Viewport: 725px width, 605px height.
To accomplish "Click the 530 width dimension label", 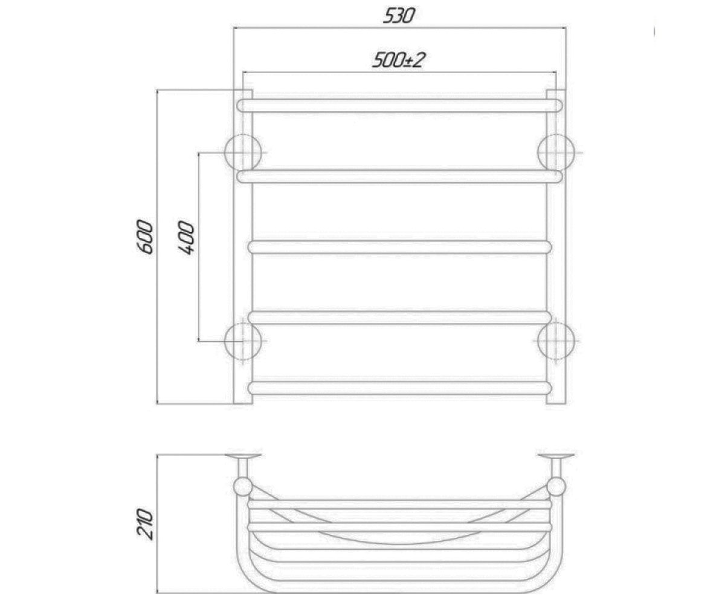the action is (x=399, y=16).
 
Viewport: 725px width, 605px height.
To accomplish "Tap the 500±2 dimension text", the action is (x=399, y=60).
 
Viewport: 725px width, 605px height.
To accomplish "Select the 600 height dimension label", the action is (x=145, y=237).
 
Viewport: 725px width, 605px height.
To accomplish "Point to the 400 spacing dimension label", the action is (x=186, y=238).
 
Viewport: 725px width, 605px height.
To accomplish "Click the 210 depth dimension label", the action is (x=145, y=524).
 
